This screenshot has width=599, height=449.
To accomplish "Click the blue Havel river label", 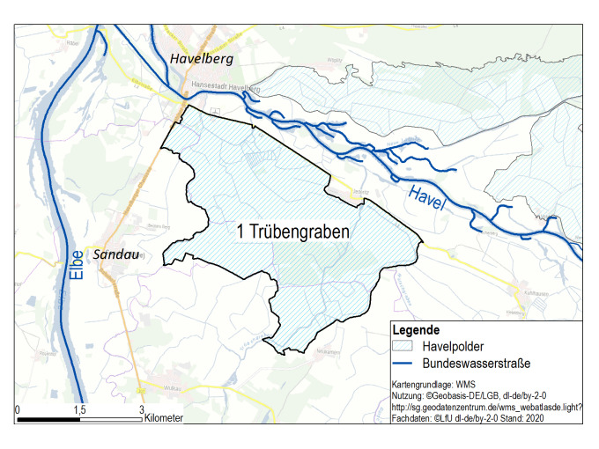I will (425, 199).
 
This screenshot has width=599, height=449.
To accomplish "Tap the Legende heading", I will (416, 329).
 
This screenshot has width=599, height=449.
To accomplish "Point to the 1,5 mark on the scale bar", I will (79, 409).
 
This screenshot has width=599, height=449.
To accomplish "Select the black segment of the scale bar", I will (48, 419).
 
